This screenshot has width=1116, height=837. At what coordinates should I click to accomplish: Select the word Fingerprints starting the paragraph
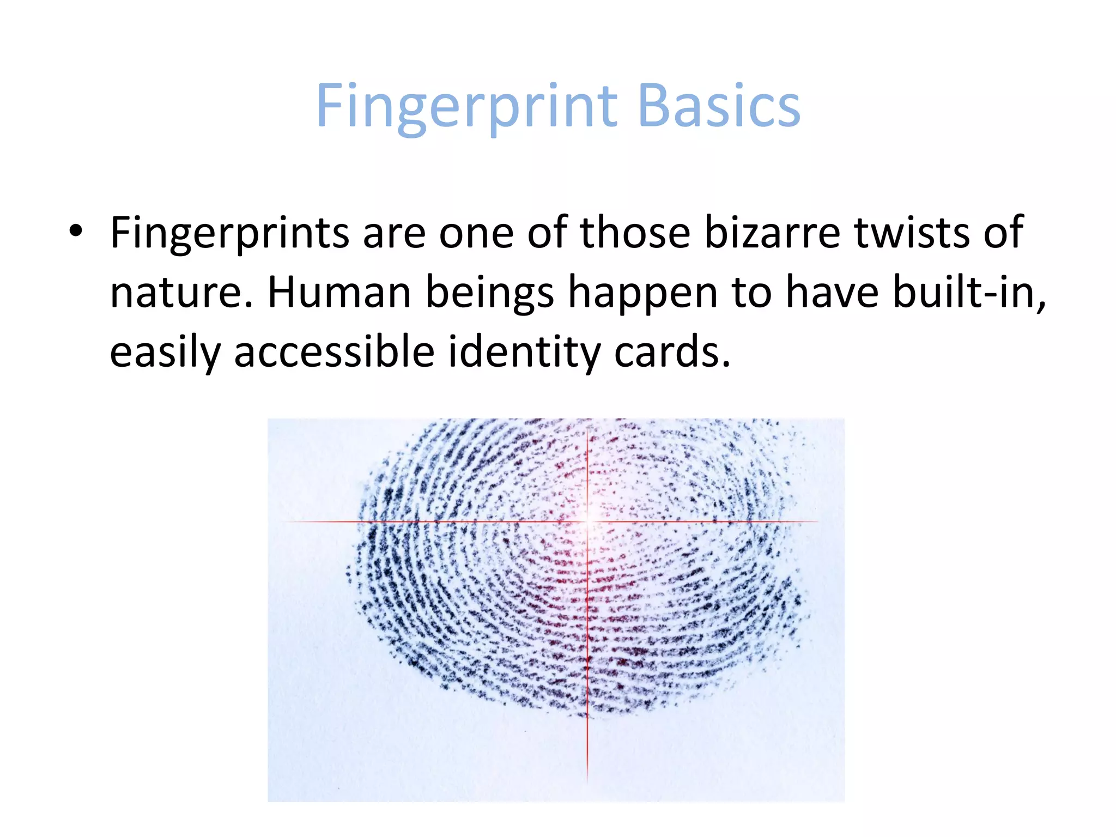229,233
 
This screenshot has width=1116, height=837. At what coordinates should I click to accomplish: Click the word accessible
333,352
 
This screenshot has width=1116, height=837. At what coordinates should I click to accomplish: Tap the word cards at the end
671,352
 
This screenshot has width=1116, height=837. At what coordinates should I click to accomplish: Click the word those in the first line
635,233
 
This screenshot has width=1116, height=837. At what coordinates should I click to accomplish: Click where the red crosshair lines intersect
587,521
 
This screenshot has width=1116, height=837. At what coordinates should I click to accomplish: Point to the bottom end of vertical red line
587,782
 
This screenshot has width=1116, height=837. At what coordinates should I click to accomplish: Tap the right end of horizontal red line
817,521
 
